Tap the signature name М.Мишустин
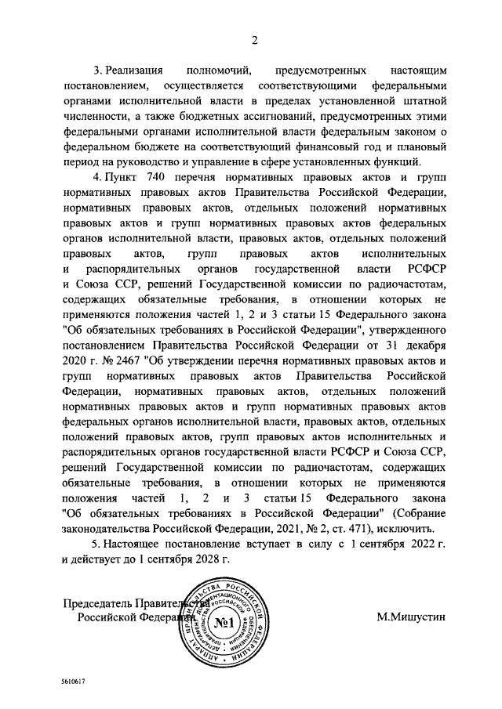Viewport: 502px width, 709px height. pos(410,617)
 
